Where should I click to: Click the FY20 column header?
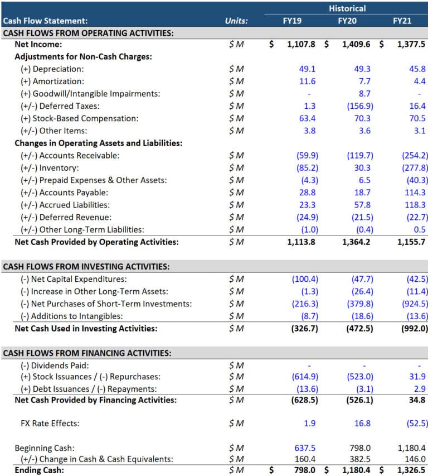coord(347,21)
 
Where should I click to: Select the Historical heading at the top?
coord(347,8)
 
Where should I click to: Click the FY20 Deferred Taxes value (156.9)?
coord(359,106)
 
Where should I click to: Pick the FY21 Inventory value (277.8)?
coord(415,167)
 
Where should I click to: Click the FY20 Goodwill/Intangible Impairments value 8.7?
coord(364,94)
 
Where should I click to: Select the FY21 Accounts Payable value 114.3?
coord(416,193)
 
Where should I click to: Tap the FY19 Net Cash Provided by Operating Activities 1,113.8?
coord(301,242)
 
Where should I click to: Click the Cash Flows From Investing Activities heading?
coord(86,267)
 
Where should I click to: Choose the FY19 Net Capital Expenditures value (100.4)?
coord(304,279)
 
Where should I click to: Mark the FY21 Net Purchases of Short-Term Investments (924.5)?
coord(415,304)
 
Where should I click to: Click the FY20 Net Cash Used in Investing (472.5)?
coord(358,329)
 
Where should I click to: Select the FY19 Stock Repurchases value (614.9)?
coord(304,377)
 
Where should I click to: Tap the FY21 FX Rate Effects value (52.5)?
coord(416,424)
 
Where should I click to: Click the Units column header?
coord(236,21)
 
